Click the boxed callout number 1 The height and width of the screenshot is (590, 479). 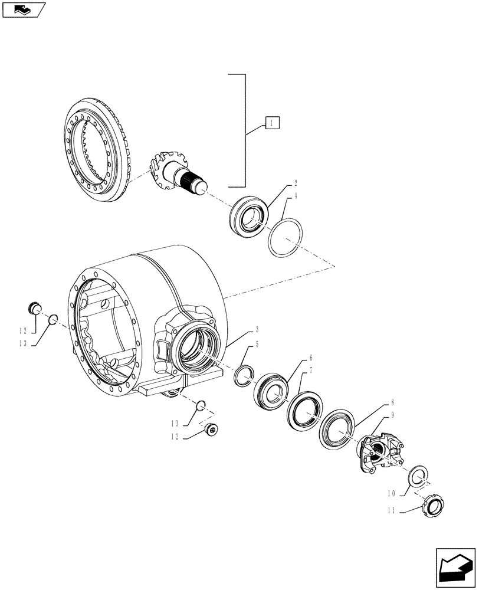(x=271, y=123)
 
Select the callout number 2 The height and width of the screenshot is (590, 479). (x=296, y=184)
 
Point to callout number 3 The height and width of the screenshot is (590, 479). (x=257, y=328)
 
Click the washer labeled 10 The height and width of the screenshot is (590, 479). (x=419, y=475)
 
